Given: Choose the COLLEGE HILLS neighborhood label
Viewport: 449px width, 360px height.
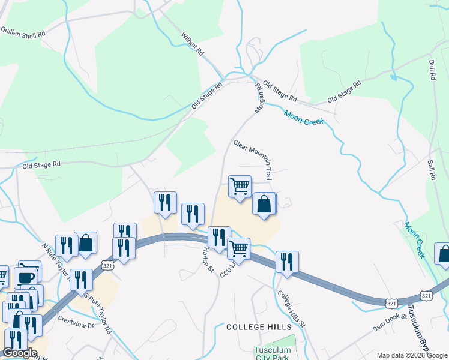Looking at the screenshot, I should pyautogui.click(x=259, y=327).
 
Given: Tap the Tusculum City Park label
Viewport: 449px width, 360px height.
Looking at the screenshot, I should pyautogui.click(x=272, y=353).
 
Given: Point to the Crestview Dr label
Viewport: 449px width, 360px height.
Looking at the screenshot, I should pyautogui.click(x=77, y=323).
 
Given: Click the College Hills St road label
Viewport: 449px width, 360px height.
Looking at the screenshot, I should pyautogui.click(x=292, y=309).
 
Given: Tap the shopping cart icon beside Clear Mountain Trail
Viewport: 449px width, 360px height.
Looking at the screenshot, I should pyautogui.click(x=240, y=187).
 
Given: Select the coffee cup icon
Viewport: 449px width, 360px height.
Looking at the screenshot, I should pyautogui.click(x=26, y=277).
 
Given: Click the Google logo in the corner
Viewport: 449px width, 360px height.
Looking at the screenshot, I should pyautogui.click(x=20, y=353).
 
